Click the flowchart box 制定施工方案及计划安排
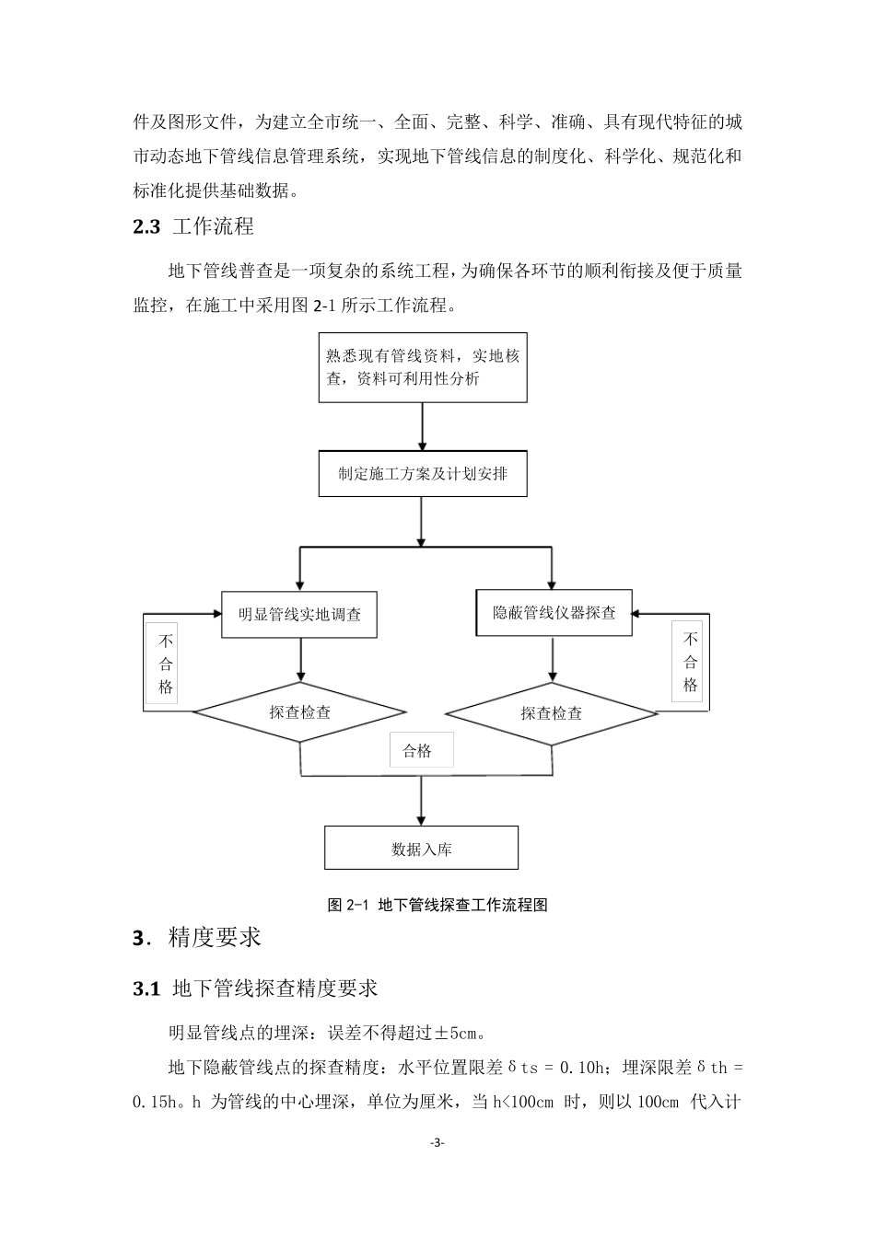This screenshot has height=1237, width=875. pos(423,473)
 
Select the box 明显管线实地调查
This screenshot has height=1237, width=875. pos(299,615)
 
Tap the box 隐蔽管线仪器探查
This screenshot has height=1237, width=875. pos(554,612)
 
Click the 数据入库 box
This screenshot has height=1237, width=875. pos(421,848)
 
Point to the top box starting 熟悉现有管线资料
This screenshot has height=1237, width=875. pos(423,367)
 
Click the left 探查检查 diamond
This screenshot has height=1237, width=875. pos(299,711)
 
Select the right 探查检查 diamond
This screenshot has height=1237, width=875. pos(552,713)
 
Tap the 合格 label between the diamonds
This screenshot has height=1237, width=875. pos(416,750)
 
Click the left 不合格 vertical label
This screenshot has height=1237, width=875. pos(165,664)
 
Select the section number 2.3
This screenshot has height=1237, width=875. pos(146,226)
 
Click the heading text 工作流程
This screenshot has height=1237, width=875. pos(214,226)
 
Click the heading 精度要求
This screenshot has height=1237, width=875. pos(215,937)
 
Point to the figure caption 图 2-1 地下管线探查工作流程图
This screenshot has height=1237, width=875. pos(437,905)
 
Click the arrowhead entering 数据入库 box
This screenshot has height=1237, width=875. pos(421,821)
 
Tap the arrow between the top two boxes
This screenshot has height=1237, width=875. pos(422,426)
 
